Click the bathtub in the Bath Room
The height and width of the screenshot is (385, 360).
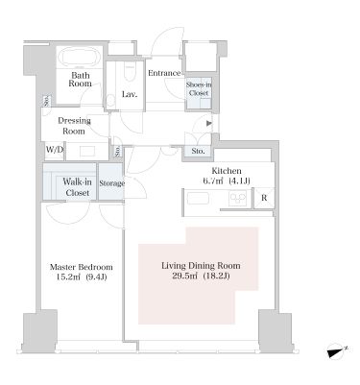click(x=80, y=58)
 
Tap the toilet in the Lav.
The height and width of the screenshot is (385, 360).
click(x=130, y=72)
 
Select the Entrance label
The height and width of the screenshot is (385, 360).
click(x=164, y=73)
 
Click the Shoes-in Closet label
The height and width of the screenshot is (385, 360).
click(x=199, y=89)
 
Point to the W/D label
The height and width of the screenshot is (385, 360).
click(x=55, y=150)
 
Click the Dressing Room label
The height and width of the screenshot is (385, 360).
click(x=74, y=126)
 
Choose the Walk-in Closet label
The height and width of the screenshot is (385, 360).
click(x=77, y=187)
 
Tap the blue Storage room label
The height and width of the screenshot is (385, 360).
click(x=111, y=183)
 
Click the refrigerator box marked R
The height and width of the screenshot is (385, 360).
click(x=264, y=198)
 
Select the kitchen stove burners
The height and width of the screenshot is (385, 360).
click(x=237, y=198)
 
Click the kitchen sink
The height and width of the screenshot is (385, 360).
click(x=198, y=199)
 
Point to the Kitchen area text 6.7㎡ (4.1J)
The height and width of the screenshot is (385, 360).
click(x=227, y=181)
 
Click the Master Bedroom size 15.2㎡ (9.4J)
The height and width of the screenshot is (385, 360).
click(x=82, y=277)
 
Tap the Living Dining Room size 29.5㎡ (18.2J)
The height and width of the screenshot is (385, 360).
click(x=201, y=276)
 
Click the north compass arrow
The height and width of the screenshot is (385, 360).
click(x=337, y=351)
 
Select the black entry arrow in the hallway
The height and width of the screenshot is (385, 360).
click(x=208, y=123)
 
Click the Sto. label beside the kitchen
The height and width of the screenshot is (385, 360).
click(x=198, y=151)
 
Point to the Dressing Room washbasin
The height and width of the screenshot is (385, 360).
click(x=87, y=151)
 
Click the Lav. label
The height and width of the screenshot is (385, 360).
click(x=130, y=94)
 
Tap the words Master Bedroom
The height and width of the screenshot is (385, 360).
click(x=82, y=267)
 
